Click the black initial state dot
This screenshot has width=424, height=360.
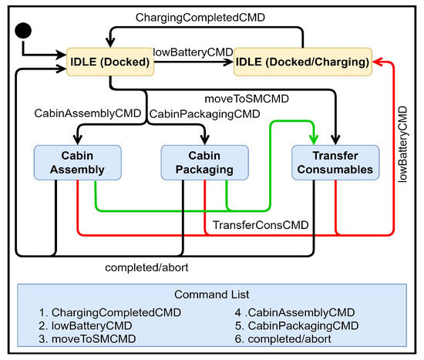23,31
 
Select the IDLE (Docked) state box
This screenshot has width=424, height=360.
110,62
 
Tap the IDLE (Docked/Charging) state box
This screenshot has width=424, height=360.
303,62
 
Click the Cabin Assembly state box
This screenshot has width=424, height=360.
78,163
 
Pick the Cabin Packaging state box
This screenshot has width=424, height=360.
205,163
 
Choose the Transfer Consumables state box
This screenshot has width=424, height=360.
335,163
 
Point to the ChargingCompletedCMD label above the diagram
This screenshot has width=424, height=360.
200,18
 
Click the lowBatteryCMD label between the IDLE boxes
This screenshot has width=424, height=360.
193,52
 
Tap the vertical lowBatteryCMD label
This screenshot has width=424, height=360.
402,144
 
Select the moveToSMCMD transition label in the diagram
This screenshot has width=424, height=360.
247,99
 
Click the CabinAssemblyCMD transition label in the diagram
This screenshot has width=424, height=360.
88,113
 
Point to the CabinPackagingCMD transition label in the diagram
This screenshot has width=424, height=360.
205,114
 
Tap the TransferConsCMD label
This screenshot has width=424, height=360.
261,225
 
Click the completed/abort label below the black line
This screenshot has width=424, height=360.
146,267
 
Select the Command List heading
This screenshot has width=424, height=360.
212,294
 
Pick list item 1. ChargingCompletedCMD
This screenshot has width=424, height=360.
109,313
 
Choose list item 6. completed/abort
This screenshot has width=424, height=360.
283,339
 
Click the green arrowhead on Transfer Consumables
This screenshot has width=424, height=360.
314,140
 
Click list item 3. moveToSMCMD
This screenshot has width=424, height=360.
87,339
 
